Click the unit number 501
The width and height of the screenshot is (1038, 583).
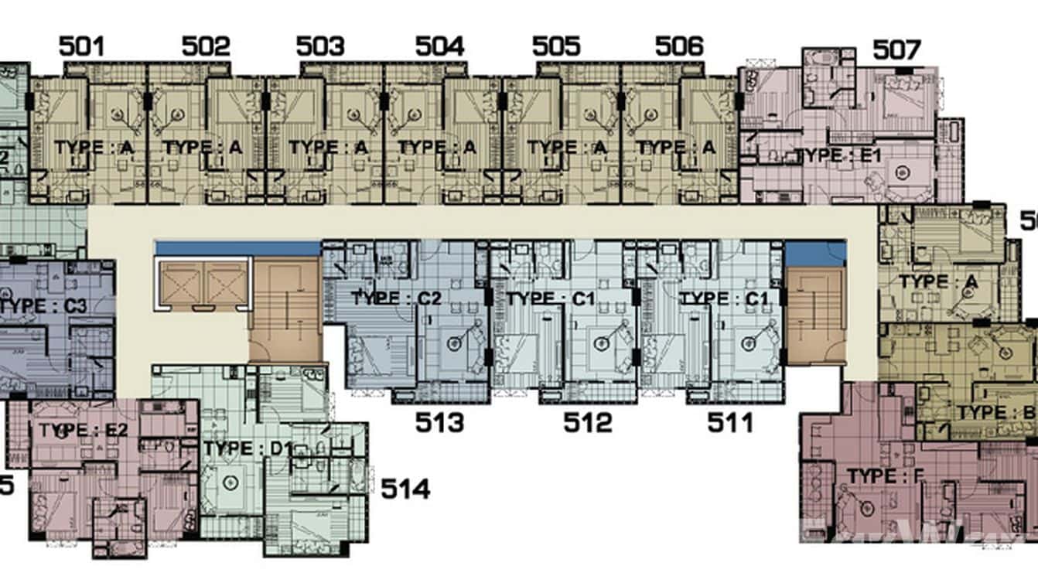point(81,46)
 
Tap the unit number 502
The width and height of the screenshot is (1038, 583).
point(206,46)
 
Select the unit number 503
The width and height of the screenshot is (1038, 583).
point(320,46)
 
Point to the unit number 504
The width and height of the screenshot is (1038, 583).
point(439,46)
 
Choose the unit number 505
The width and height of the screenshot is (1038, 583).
point(556,46)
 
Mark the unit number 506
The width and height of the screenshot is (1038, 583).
point(679,46)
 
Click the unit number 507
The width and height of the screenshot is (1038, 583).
point(897,51)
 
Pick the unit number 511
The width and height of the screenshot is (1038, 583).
point(730,423)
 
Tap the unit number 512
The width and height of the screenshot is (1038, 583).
point(587,423)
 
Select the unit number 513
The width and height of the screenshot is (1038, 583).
point(440,423)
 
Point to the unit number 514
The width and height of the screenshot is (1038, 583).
point(405,489)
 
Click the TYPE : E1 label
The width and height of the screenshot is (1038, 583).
point(838,155)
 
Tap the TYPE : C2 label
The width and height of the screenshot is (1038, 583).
point(396,298)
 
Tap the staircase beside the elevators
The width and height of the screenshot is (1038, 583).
point(285,309)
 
